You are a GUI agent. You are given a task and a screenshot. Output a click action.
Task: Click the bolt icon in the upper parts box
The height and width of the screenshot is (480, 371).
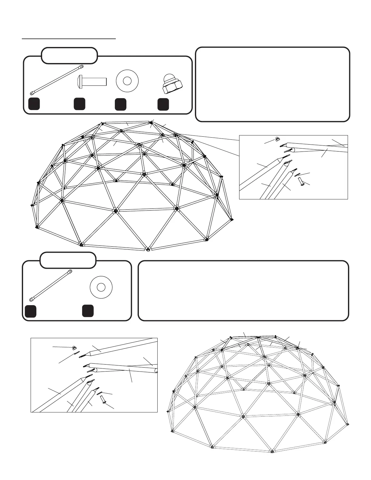tap(91, 81)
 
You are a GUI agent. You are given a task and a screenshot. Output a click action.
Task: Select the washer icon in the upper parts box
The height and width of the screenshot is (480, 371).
tap(127, 81)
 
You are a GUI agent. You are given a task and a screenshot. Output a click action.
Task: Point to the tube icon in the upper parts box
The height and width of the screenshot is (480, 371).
tap(56, 80)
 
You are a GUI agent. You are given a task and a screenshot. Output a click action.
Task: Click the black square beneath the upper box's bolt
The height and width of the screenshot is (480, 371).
tap(79, 104)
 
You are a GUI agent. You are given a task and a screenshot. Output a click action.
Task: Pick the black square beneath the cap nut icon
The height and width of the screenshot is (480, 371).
tap(163, 104)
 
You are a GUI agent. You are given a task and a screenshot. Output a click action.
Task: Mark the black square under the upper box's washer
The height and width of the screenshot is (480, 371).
tap(121, 104)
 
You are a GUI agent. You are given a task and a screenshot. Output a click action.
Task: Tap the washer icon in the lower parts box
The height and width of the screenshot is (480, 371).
tap(101, 286)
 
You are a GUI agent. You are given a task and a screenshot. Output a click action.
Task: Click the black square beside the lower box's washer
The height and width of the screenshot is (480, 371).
tap(88, 311)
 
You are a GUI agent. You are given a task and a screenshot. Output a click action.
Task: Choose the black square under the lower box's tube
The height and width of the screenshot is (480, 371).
tap(31, 312)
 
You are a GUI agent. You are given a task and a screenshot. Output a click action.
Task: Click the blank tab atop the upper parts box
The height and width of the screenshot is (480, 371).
tap(69, 55)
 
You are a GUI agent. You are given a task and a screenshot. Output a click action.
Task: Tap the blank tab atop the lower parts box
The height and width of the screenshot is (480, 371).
tap(68, 260)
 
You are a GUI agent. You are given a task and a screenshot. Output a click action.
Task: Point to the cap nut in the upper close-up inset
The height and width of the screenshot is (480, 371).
tap(277, 139)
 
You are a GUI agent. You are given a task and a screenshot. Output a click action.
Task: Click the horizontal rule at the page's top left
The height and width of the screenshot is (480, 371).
tap(69, 39)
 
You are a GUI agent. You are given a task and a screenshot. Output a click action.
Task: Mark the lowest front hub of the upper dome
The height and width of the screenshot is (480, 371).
tap(148, 249)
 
